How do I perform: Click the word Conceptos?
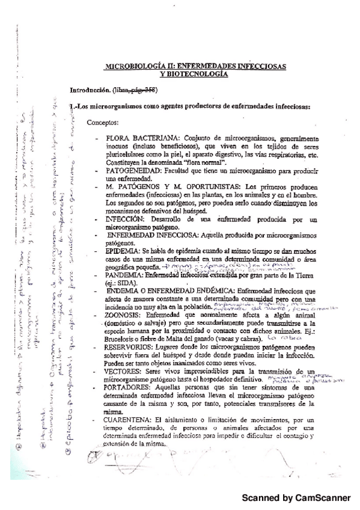[103, 123]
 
